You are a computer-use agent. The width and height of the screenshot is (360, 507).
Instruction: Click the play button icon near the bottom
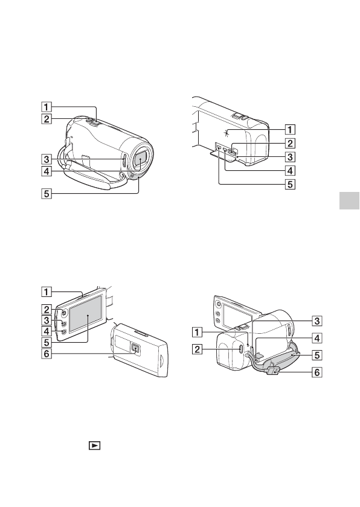pyautogui.click(x=94, y=445)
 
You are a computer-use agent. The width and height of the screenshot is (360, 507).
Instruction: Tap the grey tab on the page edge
pyautogui.click(x=349, y=200)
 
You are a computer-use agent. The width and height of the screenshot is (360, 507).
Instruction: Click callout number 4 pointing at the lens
pyautogui.click(x=47, y=170)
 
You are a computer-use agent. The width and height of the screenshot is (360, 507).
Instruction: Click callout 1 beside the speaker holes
pyautogui.click(x=290, y=129)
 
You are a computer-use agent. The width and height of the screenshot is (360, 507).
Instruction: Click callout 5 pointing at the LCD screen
pyautogui.click(x=47, y=342)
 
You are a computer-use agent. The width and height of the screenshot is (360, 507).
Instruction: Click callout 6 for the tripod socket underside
pyautogui.click(x=47, y=354)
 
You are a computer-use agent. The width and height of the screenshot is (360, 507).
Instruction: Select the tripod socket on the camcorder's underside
pyautogui.click(x=135, y=348)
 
